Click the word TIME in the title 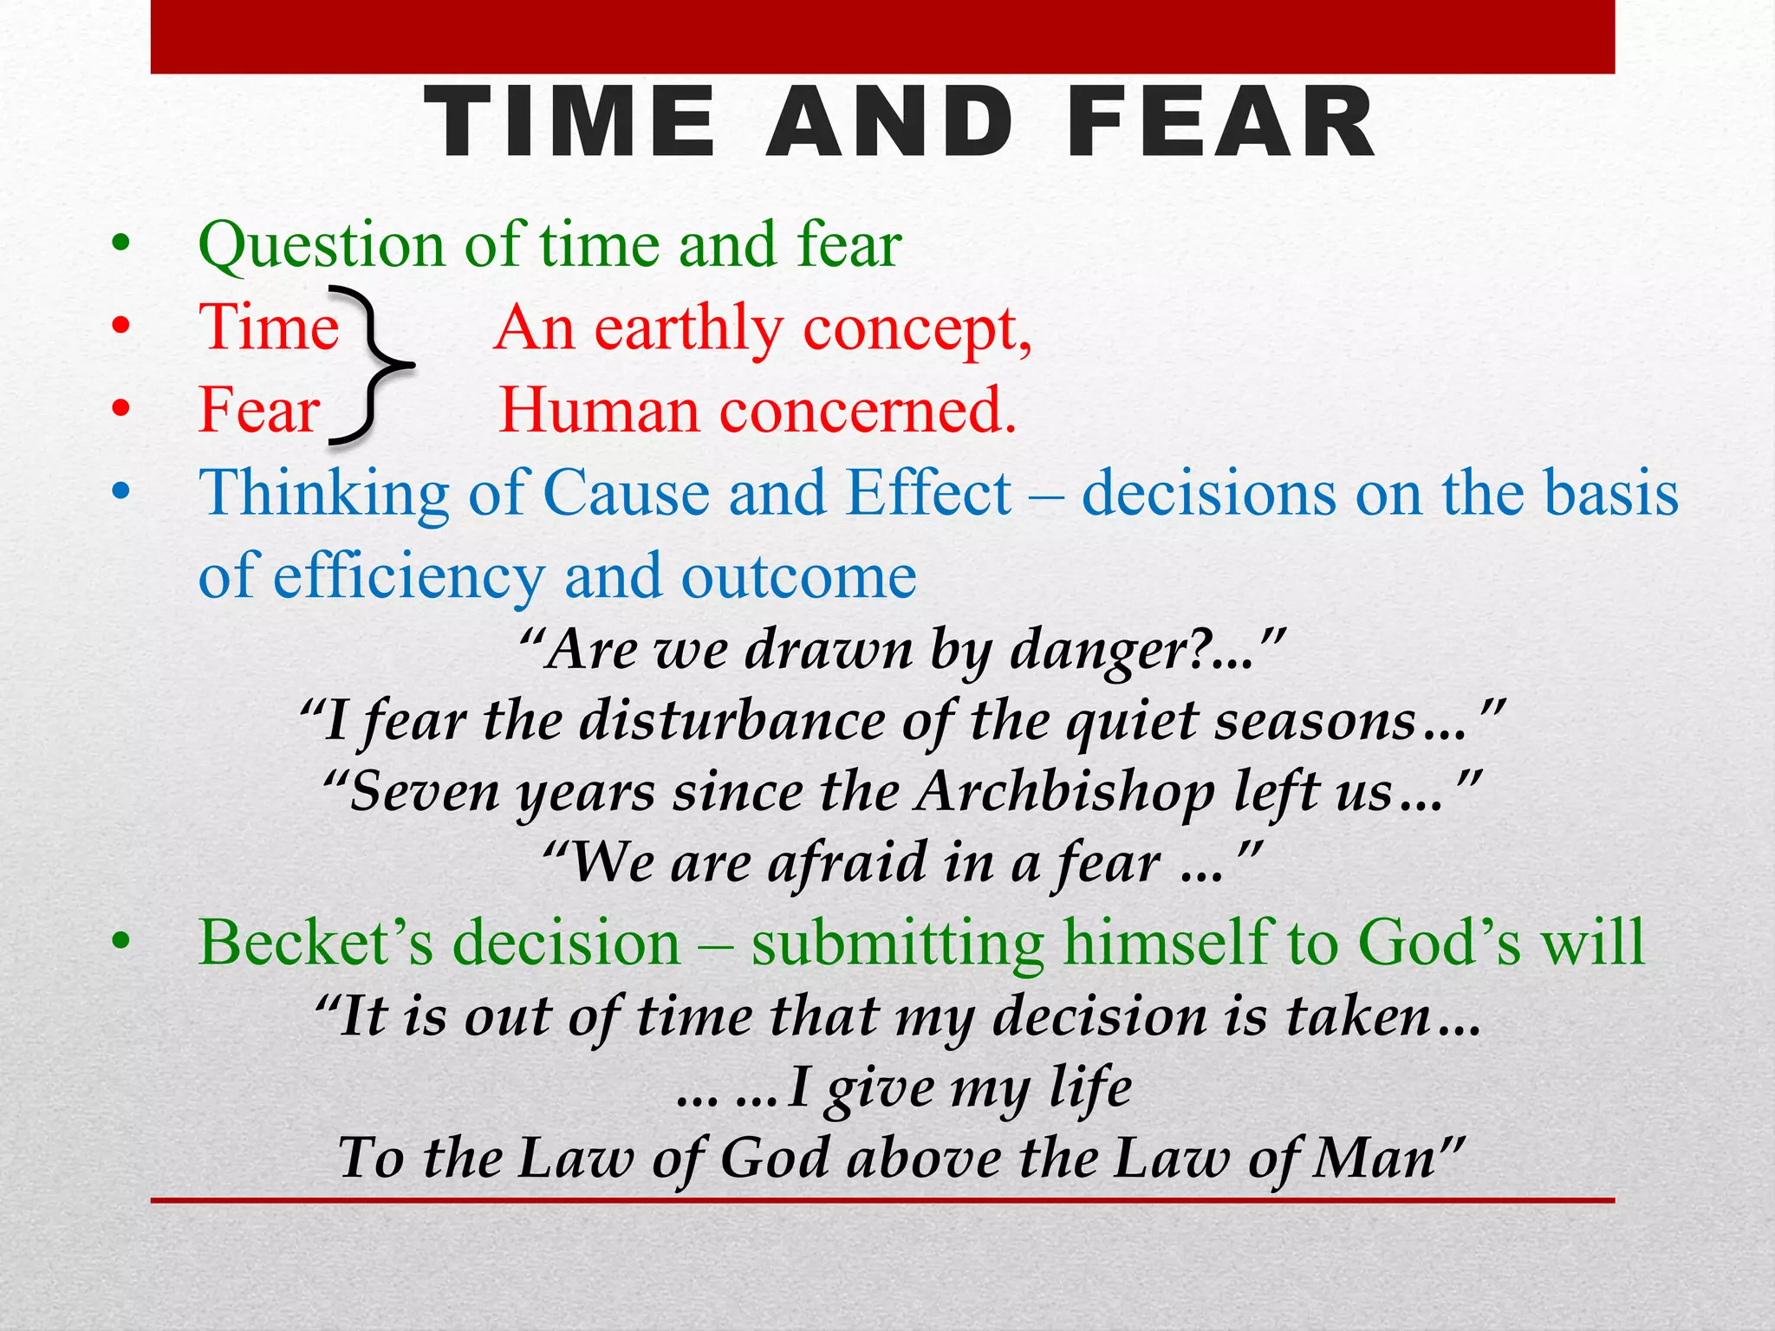point(570,124)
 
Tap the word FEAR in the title point(1221,124)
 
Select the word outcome point(798,576)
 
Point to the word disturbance point(731,721)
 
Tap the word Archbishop point(1065,792)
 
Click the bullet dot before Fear point(121,407)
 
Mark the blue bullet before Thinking point(121,491)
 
